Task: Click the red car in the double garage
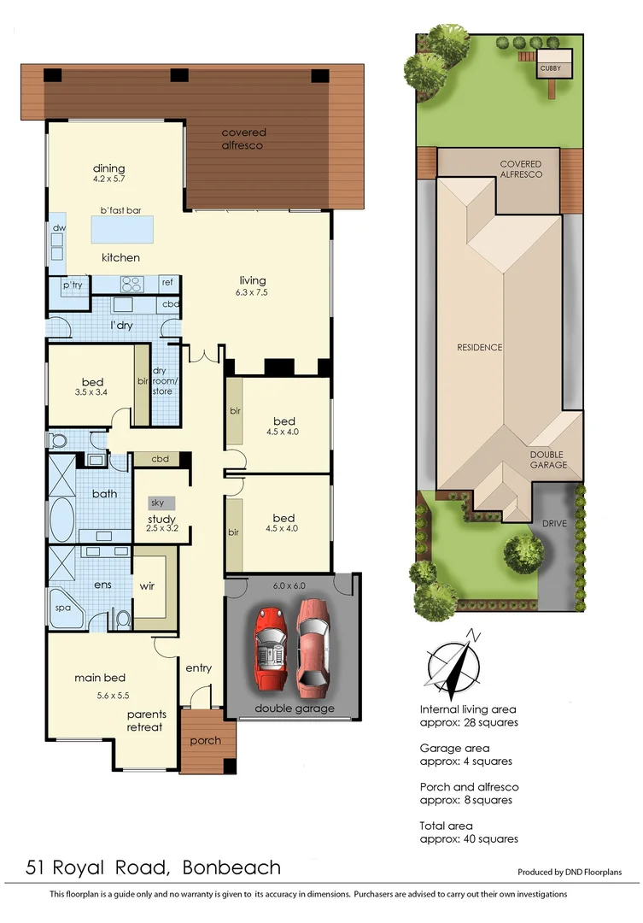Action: (272, 648)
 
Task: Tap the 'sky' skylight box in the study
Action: (159, 503)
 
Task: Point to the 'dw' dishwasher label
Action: (58, 228)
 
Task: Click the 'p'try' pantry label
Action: (71, 284)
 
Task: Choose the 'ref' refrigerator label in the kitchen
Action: (167, 281)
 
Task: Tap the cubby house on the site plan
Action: (549, 68)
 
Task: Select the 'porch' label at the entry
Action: (205, 740)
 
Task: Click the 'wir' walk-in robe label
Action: (148, 586)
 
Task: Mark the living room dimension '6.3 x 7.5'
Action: (253, 292)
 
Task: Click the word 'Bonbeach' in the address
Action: (231, 868)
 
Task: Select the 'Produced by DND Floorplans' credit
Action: (569, 873)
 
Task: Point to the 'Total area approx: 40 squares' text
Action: (469, 832)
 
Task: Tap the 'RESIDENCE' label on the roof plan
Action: (479, 348)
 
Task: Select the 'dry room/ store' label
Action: (162, 381)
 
